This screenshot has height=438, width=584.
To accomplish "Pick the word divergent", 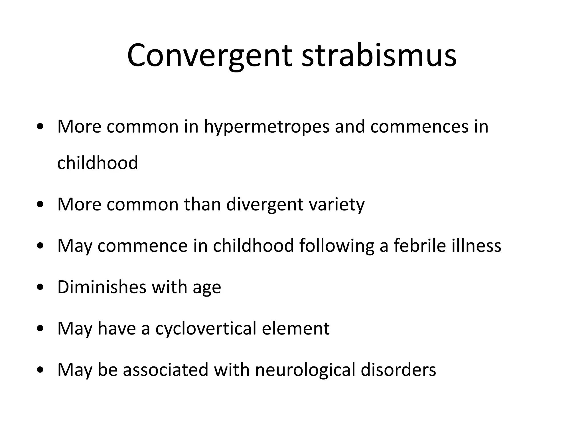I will coord(265,204).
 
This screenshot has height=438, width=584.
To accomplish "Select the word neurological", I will coord(305,370).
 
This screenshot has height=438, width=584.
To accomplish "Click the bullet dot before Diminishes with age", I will coord(40,287).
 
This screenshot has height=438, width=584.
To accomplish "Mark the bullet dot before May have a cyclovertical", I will coord(40,329).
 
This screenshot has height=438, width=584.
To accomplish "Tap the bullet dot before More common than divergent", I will coord(40,205).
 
